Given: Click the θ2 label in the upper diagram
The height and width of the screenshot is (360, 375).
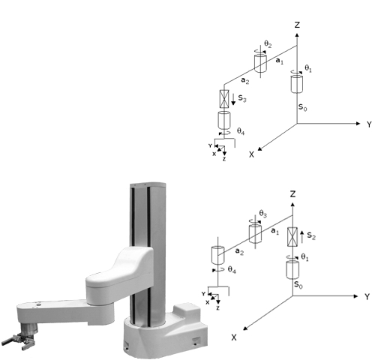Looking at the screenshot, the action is [x=268, y=44].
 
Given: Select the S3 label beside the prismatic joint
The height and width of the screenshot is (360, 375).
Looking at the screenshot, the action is [x=242, y=98].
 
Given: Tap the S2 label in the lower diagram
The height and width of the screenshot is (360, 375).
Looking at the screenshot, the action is [x=311, y=235].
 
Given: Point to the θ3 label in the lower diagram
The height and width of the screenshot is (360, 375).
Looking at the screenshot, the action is [x=263, y=214].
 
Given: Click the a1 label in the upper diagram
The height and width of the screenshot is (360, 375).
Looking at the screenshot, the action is [x=280, y=61].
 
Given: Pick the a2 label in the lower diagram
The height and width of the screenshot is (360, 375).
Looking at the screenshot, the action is [x=239, y=251].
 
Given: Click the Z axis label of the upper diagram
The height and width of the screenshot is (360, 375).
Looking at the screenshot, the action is [x=297, y=25].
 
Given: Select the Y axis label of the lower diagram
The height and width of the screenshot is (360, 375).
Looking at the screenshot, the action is [x=367, y=297].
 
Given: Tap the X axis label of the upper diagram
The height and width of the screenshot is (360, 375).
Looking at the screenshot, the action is [x=251, y=154].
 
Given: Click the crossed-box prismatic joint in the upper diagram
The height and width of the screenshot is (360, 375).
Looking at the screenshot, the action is [x=224, y=99].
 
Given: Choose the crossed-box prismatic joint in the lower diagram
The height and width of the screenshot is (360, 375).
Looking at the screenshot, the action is [x=292, y=237].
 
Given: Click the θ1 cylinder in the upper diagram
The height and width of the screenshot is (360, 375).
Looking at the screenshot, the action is [x=297, y=84].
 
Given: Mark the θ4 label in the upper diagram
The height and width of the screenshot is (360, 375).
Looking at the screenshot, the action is [x=241, y=131].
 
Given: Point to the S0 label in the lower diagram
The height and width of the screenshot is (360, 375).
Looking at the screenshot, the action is [x=298, y=284].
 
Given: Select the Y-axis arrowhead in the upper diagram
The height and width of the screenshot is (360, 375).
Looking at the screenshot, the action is [x=358, y=123].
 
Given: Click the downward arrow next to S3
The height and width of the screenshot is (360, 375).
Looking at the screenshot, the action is [x=233, y=99].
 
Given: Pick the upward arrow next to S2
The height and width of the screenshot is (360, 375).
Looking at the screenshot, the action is [x=302, y=237].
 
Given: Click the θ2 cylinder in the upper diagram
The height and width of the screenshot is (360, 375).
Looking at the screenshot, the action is [x=260, y=63].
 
